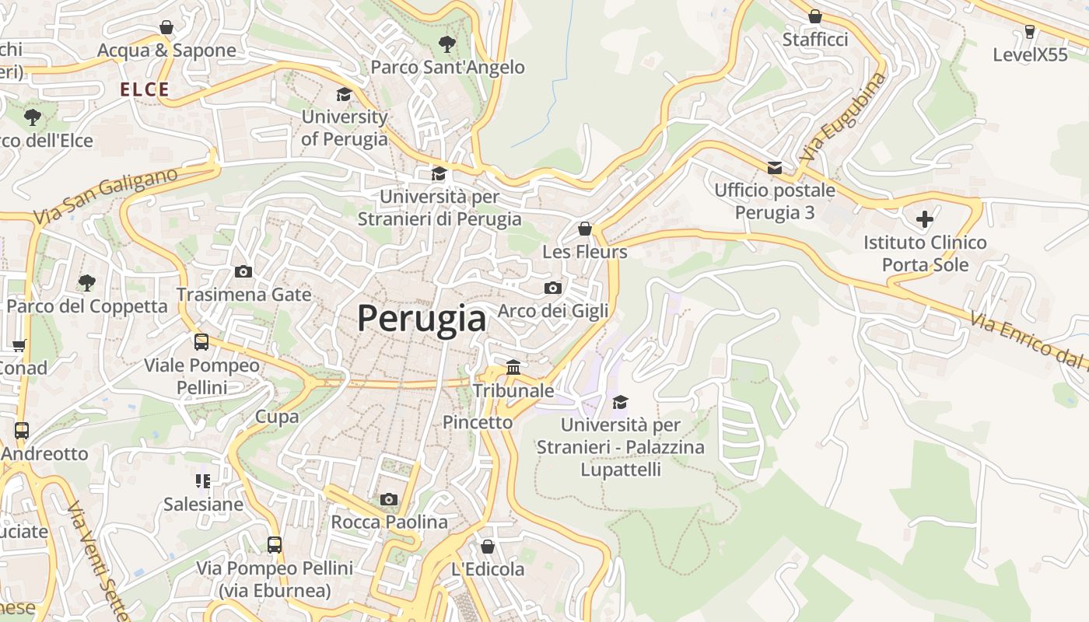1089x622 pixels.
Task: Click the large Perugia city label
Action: (422, 318)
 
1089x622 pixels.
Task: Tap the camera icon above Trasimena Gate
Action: (243, 271)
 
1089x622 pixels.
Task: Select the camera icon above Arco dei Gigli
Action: (553, 288)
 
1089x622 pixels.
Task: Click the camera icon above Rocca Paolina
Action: (389, 499)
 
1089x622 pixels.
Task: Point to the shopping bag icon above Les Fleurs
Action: (585, 229)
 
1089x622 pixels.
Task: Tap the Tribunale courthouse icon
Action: (513, 367)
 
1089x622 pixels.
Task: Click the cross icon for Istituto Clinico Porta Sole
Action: (924, 219)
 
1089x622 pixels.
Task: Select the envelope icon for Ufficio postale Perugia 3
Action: (775, 167)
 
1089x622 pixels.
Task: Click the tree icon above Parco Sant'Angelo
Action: (446, 44)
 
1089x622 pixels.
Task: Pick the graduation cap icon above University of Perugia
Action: (344, 94)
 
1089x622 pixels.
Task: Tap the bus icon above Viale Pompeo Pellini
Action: (201, 341)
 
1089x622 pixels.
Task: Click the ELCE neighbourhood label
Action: (145, 89)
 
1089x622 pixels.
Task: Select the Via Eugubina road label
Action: (842, 117)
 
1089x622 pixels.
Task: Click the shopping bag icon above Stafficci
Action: (815, 16)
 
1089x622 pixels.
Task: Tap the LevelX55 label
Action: (1031, 54)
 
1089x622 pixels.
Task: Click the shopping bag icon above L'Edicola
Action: (488, 547)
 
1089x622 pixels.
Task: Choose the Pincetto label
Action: (478, 422)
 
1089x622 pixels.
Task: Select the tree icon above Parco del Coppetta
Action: (87, 282)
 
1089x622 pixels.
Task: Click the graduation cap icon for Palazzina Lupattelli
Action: (620, 402)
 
